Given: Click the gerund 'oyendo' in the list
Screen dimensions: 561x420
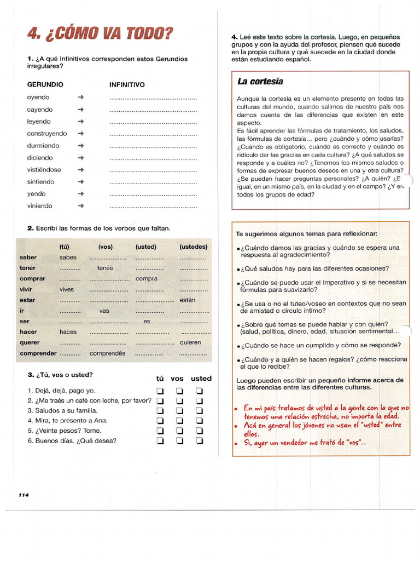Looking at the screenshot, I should (38, 98).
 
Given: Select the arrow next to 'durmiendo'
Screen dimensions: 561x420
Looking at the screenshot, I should (81, 146).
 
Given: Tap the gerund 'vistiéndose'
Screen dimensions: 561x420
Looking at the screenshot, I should (44, 170).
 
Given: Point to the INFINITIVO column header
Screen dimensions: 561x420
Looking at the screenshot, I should (127, 85).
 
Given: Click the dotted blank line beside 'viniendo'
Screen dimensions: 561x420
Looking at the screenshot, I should (153, 207).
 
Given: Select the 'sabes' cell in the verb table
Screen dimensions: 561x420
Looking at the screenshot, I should (68, 257).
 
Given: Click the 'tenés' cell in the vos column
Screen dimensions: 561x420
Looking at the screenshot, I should (104, 268).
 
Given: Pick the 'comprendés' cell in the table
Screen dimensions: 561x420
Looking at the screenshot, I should (108, 353).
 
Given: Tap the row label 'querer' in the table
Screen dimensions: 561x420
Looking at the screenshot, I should (30, 342).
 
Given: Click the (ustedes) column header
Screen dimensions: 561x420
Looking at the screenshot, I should (193, 247).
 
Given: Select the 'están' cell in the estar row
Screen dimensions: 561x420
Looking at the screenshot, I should (187, 300).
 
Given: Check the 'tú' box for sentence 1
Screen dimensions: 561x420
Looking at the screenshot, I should (160, 391).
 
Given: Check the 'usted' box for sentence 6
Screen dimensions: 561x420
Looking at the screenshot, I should (200, 440).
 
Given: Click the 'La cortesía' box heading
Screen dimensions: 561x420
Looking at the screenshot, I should (260, 82).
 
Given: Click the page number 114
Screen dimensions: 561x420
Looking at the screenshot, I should (24, 495).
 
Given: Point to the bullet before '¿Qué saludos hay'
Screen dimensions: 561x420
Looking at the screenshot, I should (239, 270).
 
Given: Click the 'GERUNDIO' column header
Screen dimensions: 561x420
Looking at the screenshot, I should (45, 85).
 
